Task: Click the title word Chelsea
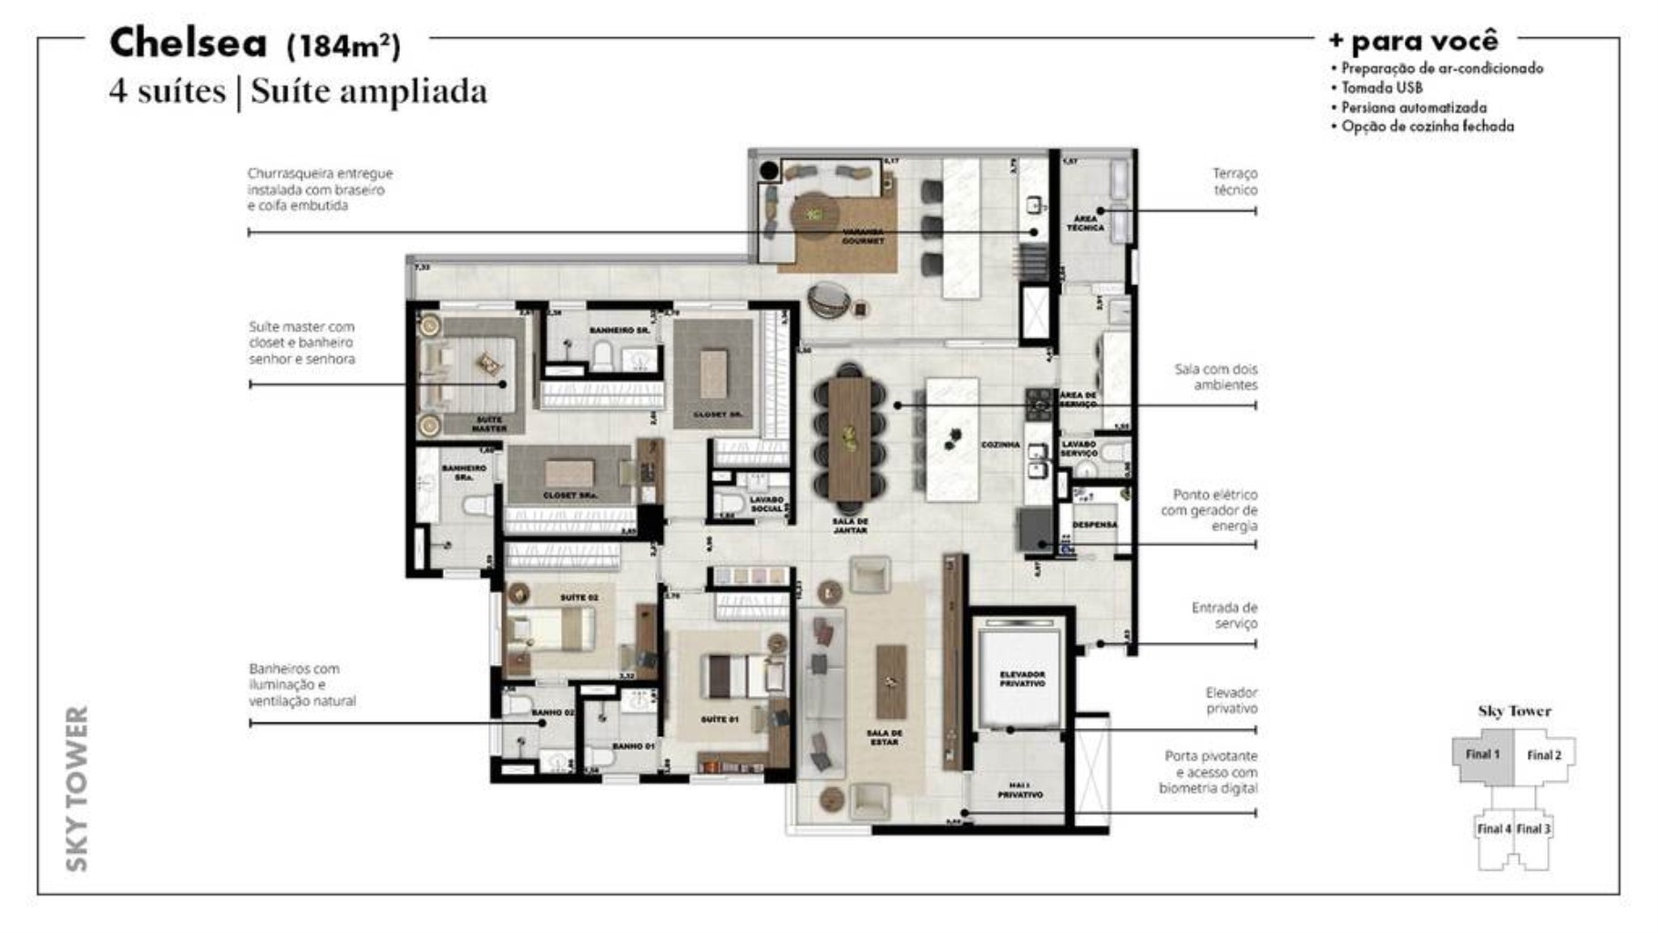pyautogui.click(x=188, y=43)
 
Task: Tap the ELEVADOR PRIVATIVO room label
pyautogui.click(x=1022, y=679)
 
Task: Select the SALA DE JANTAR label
pyautogui.click(x=849, y=525)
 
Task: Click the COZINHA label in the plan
pyautogui.click(x=1000, y=445)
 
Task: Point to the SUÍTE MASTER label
pyautogui.click(x=489, y=424)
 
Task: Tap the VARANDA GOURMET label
pyautogui.click(x=862, y=236)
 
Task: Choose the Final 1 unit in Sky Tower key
pyautogui.click(x=1482, y=754)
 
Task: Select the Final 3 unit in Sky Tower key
pyautogui.click(x=1533, y=829)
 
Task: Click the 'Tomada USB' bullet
pyautogui.click(x=1381, y=87)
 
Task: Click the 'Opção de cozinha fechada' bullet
pyautogui.click(x=1427, y=127)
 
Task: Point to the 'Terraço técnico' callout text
pyautogui.click(x=1234, y=181)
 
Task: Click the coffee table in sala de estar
pyautogui.click(x=891, y=681)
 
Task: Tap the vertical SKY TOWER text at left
pyautogui.click(x=78, y=788)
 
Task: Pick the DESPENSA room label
pyautogui.click(x=1094, y=525)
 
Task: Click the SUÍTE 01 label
pyautogui.click(x=719, y=720)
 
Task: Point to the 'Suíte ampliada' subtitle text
pyautogui.click(x=369, y=91)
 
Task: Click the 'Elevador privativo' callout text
pyautogui.click(x=1231, y=701)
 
